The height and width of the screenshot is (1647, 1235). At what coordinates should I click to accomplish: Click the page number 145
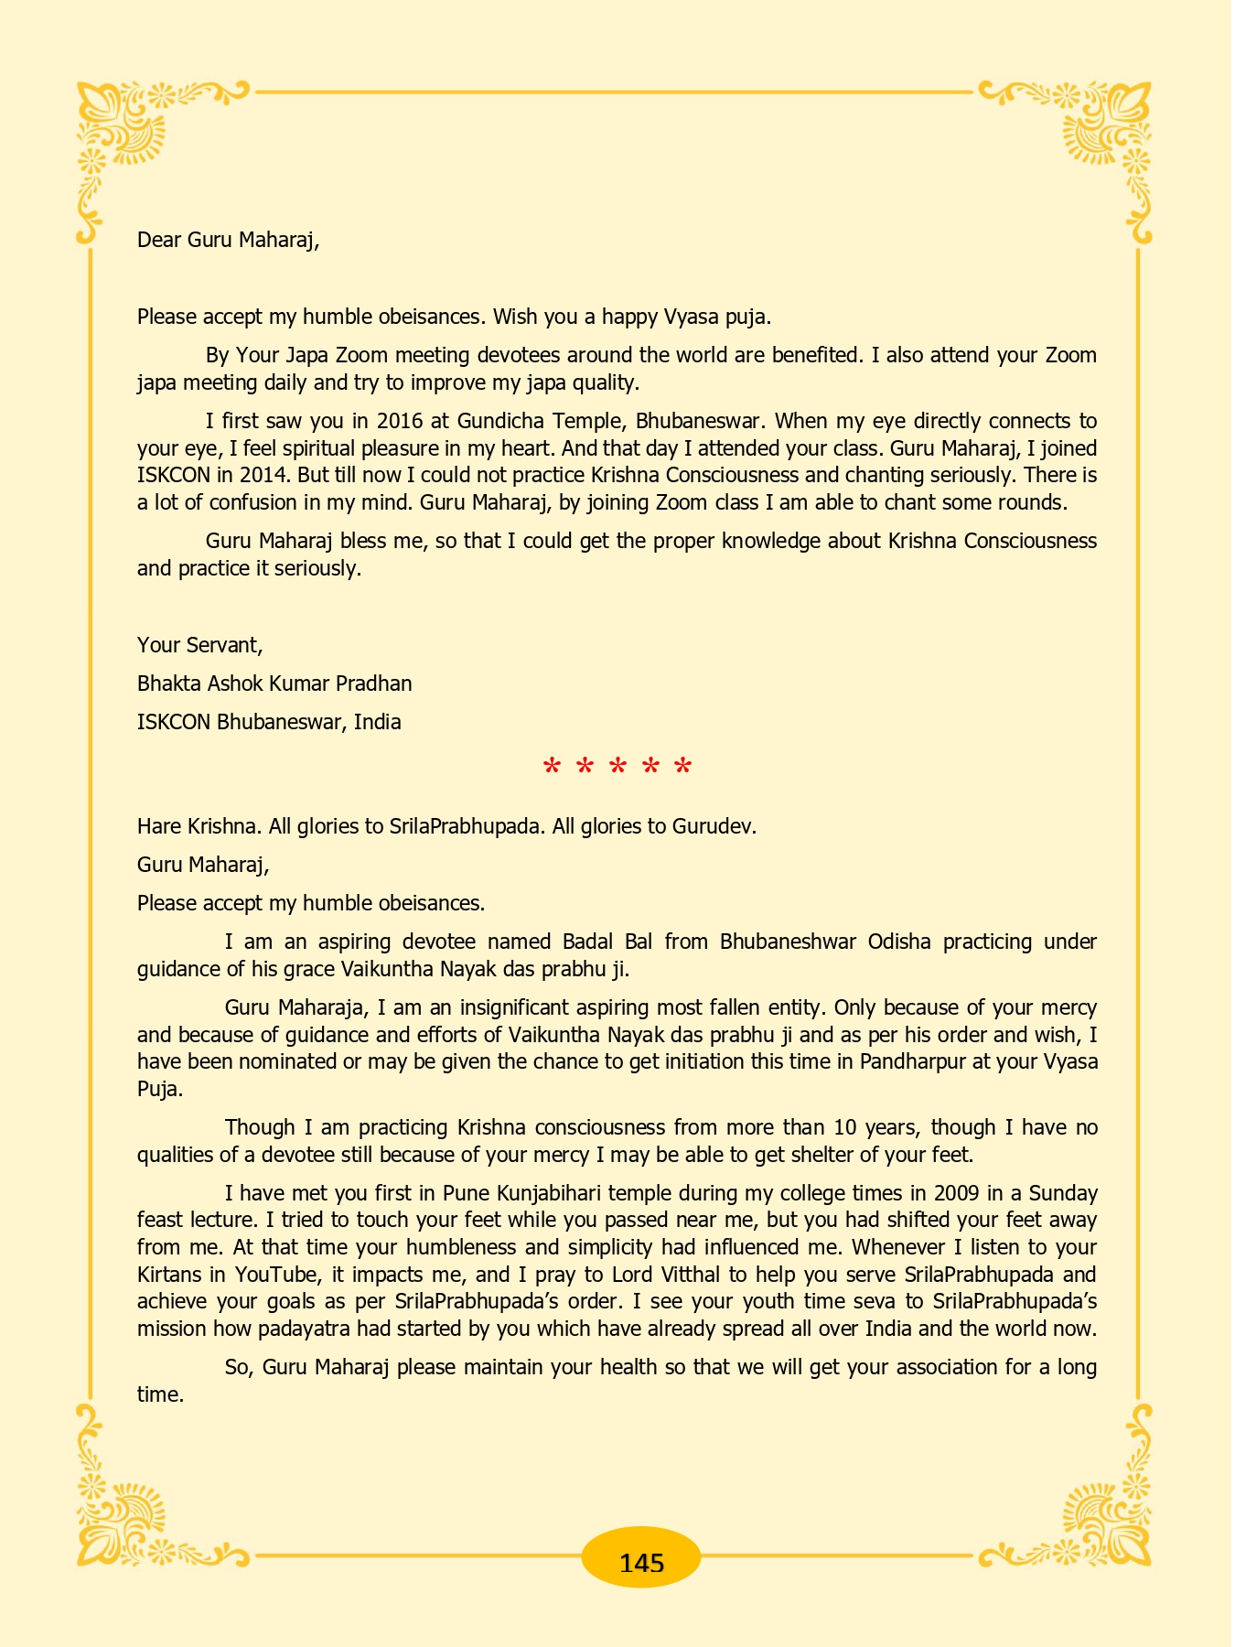coord(641,1562)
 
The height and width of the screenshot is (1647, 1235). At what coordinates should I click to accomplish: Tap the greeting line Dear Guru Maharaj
coord(228,241)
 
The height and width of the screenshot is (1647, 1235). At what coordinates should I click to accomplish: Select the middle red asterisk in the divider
coord(617,767)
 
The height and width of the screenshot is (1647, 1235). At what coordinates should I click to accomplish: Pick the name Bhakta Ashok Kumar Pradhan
coord(274,684)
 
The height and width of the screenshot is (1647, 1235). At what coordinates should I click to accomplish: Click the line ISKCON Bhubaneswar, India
coord(269,722)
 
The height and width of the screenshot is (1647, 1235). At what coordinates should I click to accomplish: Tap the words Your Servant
coord(199,645)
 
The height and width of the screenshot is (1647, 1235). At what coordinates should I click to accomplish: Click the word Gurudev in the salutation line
coord(713,826)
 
